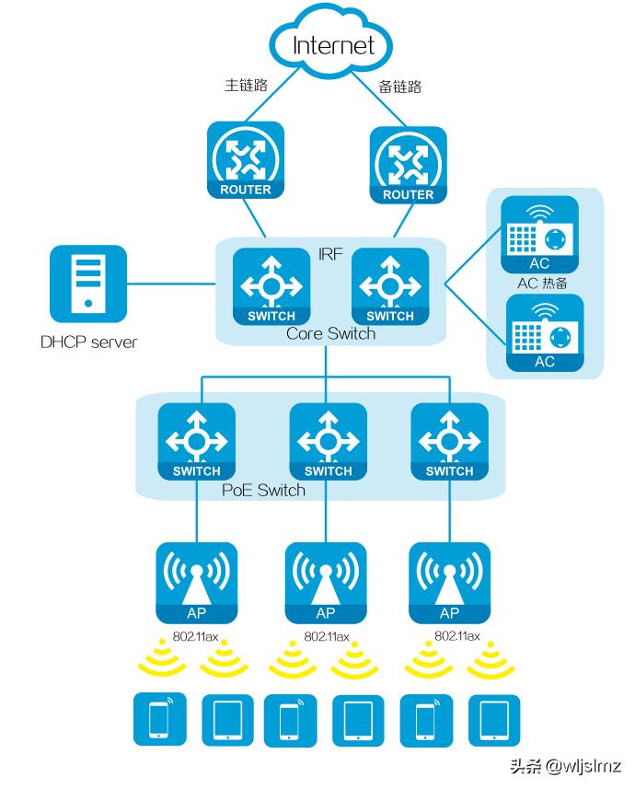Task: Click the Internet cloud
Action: (333, 43)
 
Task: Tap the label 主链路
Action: (246, 85)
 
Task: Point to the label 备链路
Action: (400, 87)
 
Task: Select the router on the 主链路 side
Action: (246, 161)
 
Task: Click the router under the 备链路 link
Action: (408, 166)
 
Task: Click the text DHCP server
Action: (88, 342)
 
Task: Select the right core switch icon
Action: (390, 286)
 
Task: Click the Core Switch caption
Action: (330, 333)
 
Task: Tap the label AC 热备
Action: (543, 283)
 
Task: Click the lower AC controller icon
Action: (545, 332)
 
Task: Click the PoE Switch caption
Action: (263, 490)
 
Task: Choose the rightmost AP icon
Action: (449, 582)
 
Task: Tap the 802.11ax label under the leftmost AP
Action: (196, 636)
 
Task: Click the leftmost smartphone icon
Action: (159, 719)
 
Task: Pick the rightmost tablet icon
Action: (494, 719)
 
